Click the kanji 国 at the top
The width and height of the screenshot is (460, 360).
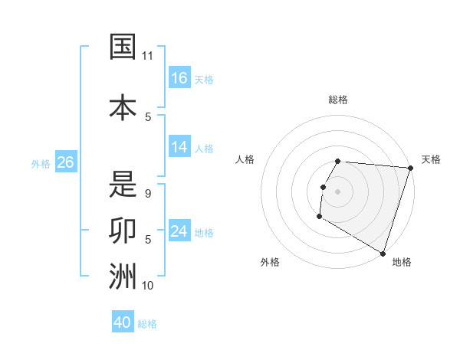tap(123, 47)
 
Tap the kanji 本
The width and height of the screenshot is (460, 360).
tap(123, 107)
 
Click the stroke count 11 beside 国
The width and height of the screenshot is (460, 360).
tap(147, 56)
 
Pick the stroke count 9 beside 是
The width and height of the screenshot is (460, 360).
tap(148, 194)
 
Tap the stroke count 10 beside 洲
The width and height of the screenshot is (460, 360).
tap(148, 286)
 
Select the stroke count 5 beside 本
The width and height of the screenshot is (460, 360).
tap(148, 116)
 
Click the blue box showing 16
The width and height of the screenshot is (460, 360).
tap(179, 77)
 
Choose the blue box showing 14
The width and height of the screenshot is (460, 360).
tap(179, 147)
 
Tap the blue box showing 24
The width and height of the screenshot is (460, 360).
tap(179, 231)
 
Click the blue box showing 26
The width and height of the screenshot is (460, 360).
tap(65, 162)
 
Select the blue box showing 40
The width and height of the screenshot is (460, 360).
tap(123, 322)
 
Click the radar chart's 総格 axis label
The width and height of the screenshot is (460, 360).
tap(338, 100)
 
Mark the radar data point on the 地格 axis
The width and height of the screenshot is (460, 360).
tap(383, 254)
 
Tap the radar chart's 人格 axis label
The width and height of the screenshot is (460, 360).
tap(245, 159)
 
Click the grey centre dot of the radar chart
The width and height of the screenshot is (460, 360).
tap(338, 191)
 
